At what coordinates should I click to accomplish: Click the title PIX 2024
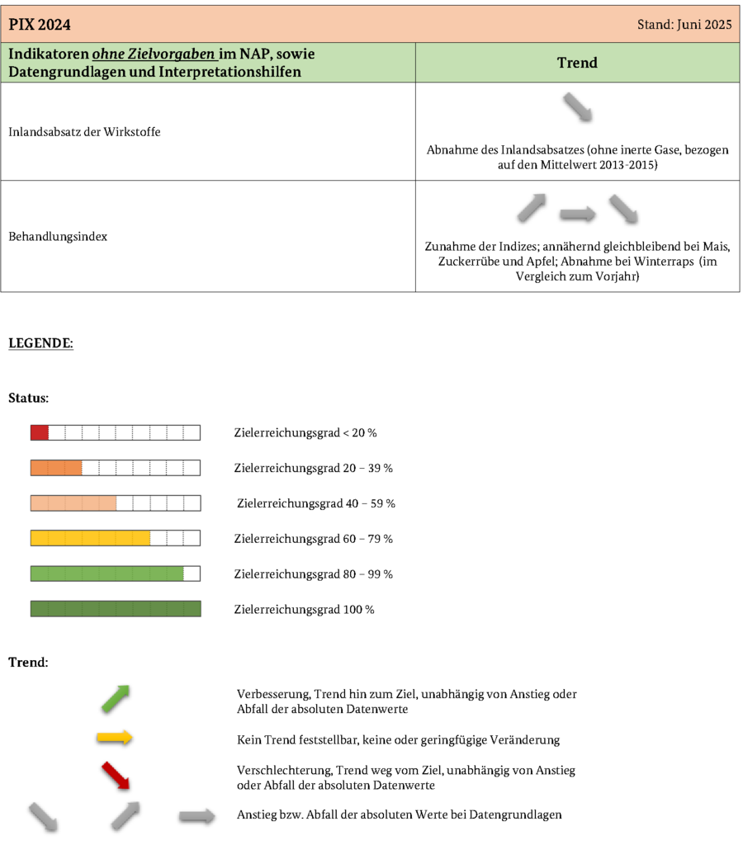(x=40, y=25)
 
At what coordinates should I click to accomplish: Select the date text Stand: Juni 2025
(x=684, y=25)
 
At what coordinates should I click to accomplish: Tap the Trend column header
(x=577, y=63)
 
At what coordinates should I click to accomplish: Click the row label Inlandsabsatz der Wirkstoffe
(x=84, y=132)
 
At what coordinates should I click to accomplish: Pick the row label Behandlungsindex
(x=58, y=237)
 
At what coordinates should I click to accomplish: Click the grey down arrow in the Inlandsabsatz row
(x=578, y=108)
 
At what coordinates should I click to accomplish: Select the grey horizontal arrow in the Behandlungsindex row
(x=577, y=215)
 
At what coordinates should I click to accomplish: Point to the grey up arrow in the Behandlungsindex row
(x=532, y=208)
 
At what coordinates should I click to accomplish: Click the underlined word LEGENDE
(x=40, y=343)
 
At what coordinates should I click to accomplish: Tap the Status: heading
(x=28, y=398)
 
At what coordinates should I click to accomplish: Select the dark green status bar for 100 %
(x=116, y=609)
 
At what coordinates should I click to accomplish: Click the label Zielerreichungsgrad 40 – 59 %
(x=316, y=503)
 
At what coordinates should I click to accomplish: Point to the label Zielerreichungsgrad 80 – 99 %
(x=314, y=574)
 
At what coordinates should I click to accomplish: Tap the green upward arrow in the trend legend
(x=116, y=699)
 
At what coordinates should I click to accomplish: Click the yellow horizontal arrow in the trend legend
(x=114, y=738)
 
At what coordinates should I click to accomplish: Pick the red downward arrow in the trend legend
(x=116, y=777)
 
